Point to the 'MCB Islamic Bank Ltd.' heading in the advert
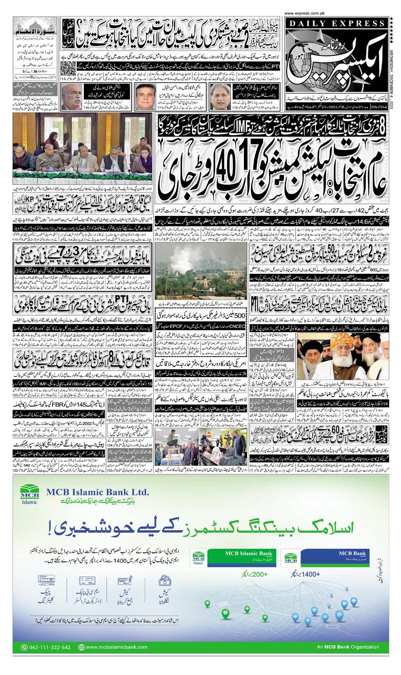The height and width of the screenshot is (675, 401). click(97, 492)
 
